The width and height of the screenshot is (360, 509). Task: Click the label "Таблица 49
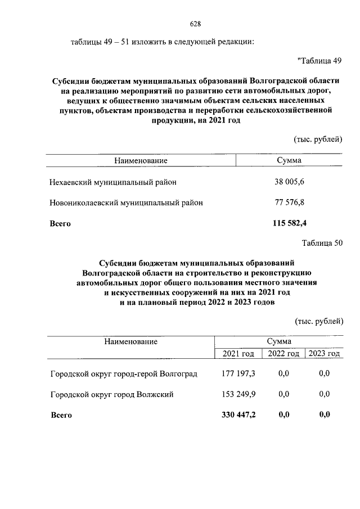(x=319, y=61)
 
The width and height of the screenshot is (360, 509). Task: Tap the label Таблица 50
(x=322, y=243)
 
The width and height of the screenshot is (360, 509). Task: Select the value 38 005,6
(x=289, y=182)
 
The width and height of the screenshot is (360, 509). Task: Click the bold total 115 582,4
(x=289, y=223)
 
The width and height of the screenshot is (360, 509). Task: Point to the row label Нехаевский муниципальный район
(x=113, y=182)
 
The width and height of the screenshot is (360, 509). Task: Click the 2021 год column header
(x=238, y=353)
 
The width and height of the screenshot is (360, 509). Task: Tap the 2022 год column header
(x=283, y=353)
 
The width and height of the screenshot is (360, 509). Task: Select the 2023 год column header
(x=323, y=353)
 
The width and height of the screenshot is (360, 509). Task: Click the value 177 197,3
(x=239, y=373)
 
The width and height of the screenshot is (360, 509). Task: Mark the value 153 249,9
(x=239, y=394)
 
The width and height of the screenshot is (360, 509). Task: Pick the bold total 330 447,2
(x=239, y=415)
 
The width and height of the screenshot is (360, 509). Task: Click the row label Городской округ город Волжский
(x=111, y=394)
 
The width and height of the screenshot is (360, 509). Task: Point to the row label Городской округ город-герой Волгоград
(x=124, y=373)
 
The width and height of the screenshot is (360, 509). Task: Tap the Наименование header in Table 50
(x=130, y=341)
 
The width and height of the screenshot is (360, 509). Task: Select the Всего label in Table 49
(x=60, y=223)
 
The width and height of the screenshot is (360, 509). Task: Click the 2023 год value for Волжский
(x=324, y=394)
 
